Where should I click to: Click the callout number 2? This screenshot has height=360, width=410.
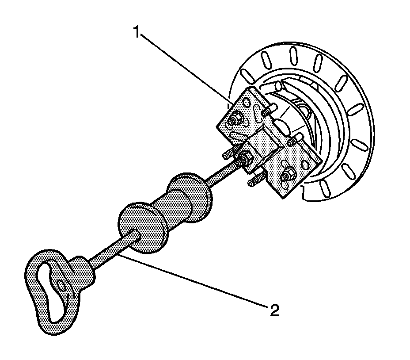[x=274, y=310]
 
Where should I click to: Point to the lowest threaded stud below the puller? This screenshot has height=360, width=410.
[x=255, y=182]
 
